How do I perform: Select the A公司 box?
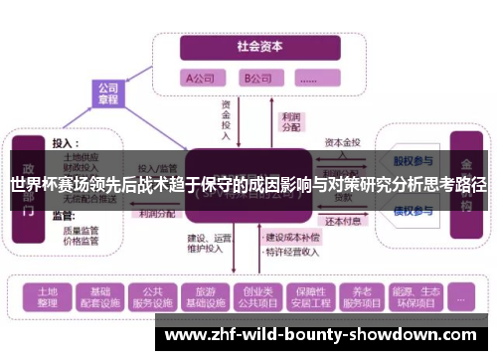[203, 78]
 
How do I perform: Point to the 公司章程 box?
[107, 93]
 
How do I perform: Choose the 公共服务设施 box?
[153, 295]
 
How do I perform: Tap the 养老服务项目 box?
[358, 295]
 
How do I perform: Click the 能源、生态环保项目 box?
[409, 295]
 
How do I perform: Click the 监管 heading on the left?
[62, 215]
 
